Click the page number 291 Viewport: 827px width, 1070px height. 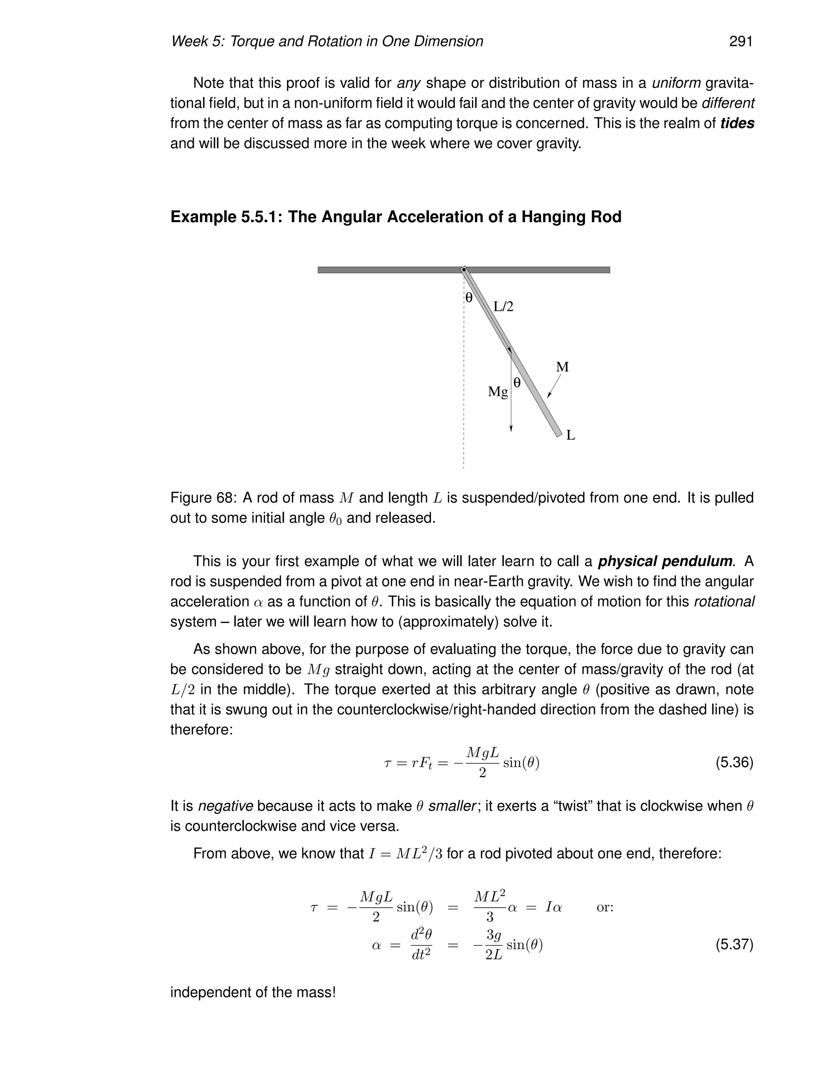click(740, 41)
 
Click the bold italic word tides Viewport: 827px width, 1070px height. click(737, 123)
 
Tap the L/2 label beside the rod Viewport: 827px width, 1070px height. click(503, 307)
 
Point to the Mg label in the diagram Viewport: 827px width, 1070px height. click(498, 392)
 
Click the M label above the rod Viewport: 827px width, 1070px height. click(563, 367)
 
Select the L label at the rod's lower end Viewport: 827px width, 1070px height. click(570, 435)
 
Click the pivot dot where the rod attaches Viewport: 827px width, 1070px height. click(464, 269)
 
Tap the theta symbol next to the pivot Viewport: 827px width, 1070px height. click(469, 298)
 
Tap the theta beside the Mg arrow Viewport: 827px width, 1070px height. click(516, 383)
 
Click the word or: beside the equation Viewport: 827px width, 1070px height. click(605, 907)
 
